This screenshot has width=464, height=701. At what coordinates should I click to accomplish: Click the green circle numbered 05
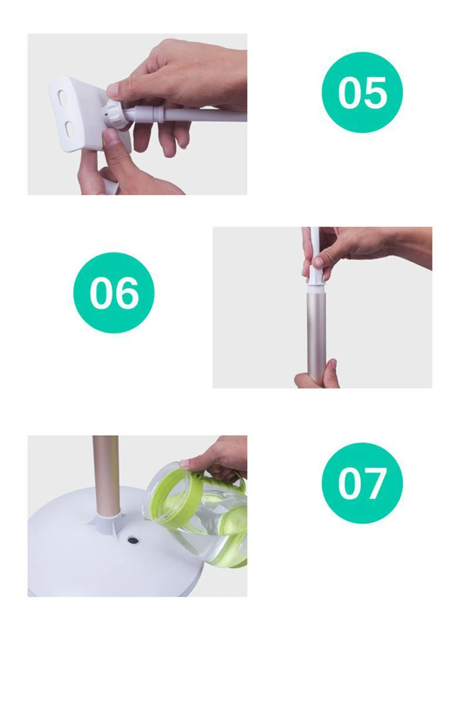[x=362, y=92]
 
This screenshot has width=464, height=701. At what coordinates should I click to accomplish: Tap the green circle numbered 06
[x=114, y=292]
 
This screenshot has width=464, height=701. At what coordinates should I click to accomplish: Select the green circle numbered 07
[x=362, y=483]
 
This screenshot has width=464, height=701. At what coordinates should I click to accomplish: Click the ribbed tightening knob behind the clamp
[x=116, y=115]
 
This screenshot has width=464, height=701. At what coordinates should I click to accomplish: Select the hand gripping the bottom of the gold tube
[x=317, y=375]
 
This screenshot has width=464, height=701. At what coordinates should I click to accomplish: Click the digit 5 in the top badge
[x=376, y=93]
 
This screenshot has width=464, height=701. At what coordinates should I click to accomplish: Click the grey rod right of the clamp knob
[x=188, y=114]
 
